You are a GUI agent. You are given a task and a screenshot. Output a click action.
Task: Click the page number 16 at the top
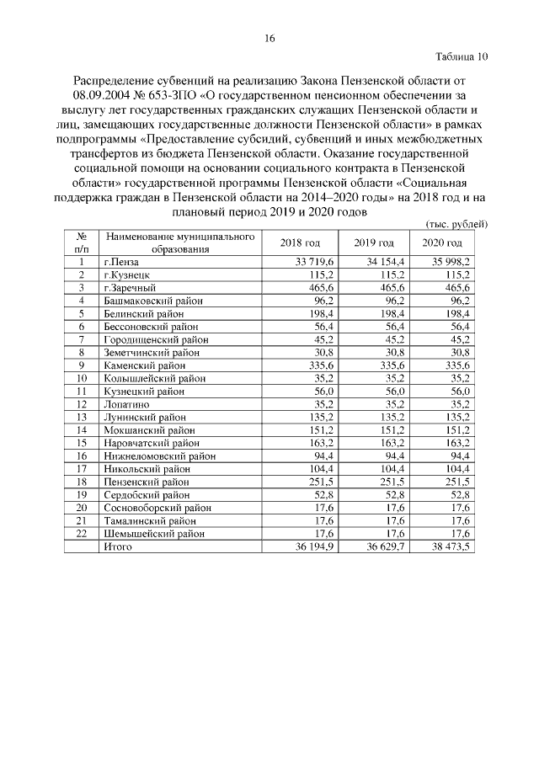(269, 38)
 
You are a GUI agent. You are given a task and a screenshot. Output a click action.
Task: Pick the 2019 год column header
(371, 243)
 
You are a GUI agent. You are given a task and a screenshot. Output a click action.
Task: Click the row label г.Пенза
(120, 263)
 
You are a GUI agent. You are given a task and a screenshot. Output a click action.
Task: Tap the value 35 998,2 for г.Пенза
(451, 263)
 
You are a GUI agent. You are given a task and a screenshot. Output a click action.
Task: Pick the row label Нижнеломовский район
(159, 456)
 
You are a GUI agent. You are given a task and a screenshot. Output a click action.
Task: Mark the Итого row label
(119, 546)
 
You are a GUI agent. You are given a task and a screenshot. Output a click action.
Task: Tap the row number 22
(82, 533)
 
